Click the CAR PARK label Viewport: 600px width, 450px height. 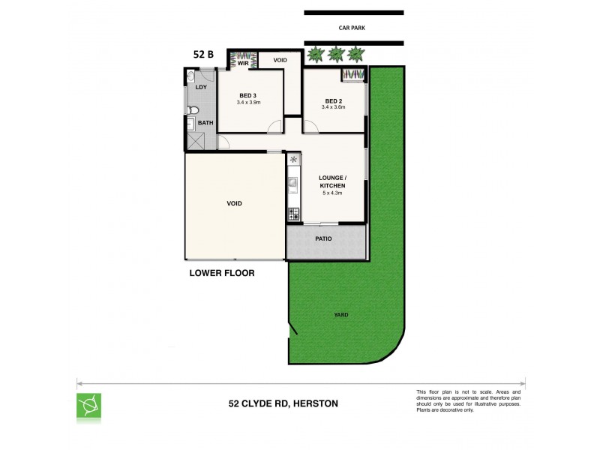coord(353,28)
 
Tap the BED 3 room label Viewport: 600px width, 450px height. coord(248,95)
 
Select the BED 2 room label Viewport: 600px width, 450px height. coord(334,100)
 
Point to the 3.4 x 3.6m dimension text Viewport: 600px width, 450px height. coord(334,108)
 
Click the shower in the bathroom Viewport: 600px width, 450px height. coord(196,141)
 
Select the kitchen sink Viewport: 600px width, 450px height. coord(293,181)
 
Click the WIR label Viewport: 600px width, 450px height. coord(243,64)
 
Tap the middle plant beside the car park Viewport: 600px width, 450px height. coord(336,54)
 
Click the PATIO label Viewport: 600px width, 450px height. coord(324,239)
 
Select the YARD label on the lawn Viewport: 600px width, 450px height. coord(342,315)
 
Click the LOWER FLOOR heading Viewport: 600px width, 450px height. coord(221,274)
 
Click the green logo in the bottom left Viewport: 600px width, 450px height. coord(89,405)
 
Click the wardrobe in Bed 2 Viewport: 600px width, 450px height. coord(352,73)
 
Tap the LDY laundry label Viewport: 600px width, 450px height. coord(200,88)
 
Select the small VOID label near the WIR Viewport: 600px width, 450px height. coord(280,60)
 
